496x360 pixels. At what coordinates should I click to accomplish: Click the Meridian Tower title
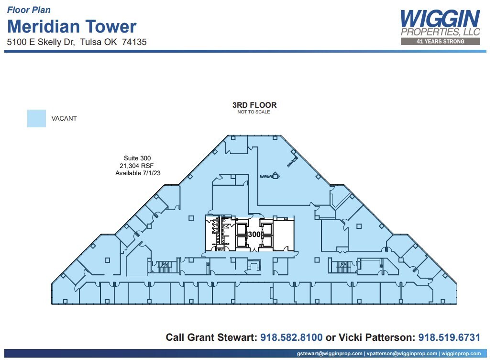point(72,26)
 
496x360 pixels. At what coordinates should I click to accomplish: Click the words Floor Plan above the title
point(29,10)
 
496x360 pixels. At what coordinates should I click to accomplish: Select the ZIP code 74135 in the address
point(134,42)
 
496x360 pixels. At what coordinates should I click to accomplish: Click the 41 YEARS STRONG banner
point(441,42)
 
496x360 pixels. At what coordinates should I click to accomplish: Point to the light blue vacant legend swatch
point(36,118)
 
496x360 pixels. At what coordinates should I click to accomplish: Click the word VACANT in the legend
point(64,118)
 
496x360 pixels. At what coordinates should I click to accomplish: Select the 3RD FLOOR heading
point(254,105)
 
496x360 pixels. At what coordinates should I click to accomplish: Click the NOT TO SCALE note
point(254,112)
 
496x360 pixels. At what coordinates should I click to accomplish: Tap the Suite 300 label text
point(137,158)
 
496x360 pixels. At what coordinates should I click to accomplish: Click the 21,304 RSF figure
point(137,166)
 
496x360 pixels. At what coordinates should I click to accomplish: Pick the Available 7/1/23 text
point(138,173)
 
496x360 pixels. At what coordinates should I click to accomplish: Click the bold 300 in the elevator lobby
point(254,234)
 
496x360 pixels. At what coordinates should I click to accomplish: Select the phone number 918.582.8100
point(291,337)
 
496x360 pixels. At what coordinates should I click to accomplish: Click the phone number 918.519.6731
point(449,337)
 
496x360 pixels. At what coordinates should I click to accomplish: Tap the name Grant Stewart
point(221,337)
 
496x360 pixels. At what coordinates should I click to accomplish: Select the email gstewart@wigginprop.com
point(330,354)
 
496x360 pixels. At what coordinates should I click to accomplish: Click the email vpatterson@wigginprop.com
point(402,354)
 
